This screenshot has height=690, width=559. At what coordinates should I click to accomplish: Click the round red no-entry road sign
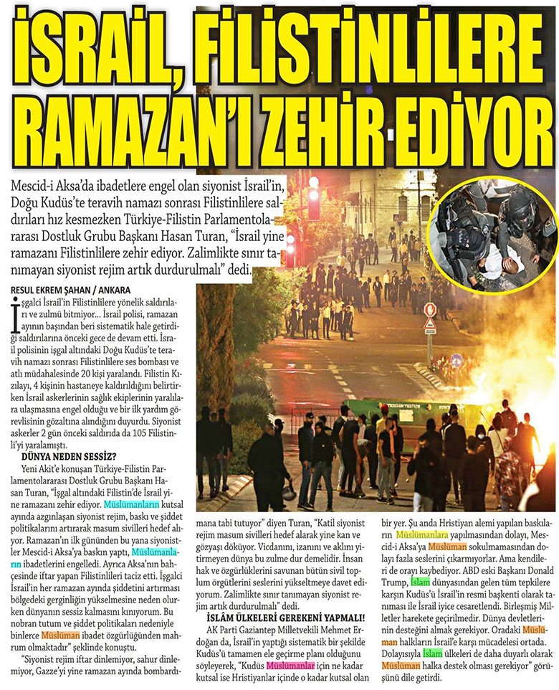coord(430,309)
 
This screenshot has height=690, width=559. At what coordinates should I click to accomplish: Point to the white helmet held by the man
coord(290,493)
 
